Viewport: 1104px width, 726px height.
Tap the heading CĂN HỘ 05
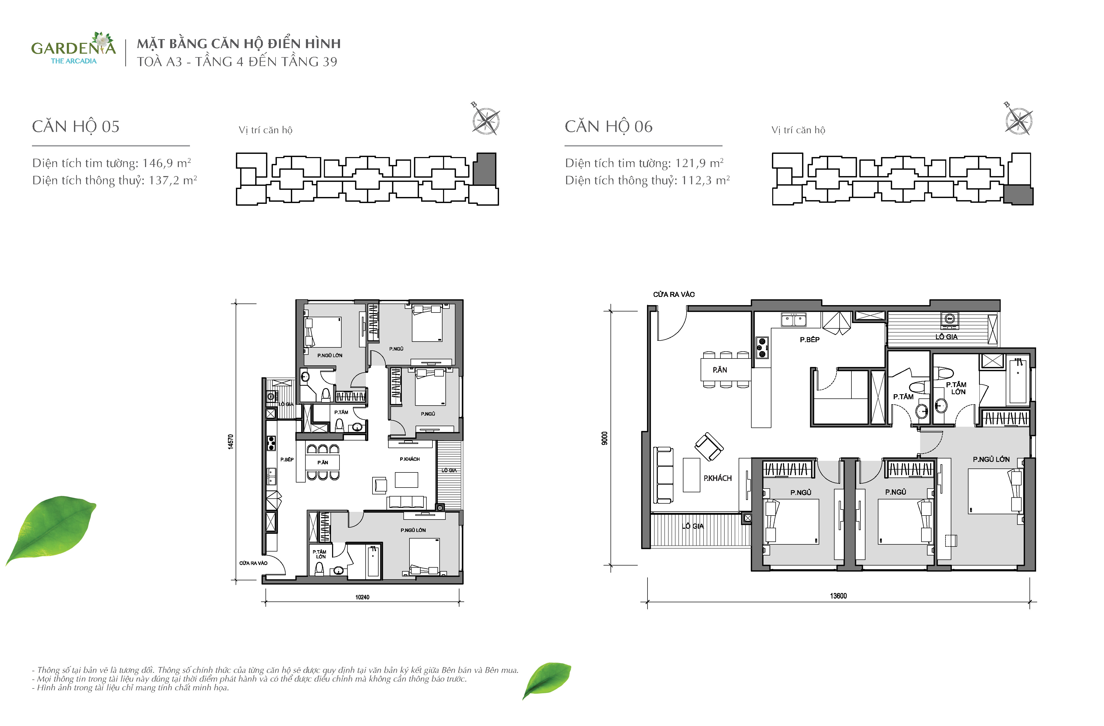[x=76, y=126]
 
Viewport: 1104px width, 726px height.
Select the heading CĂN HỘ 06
[x=609, y=126]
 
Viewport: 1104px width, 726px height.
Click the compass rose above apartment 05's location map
[x=486, y=120]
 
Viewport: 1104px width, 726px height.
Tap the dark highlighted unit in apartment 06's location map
[x=1018, y=195]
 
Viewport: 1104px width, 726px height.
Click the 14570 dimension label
[x=231, y=442]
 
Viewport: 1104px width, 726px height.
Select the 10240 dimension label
[x=362, y=597]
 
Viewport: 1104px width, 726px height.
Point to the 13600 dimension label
[x=838, y=596]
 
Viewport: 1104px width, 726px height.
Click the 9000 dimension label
[x=604, y=438]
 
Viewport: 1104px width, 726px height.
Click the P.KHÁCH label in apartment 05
[x=409, y=459]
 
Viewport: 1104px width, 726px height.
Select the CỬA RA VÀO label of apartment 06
[x=674, y=294]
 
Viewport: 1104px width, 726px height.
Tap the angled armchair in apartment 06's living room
[x=708, y=447]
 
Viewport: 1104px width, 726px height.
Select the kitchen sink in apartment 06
[x=794, y=319]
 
